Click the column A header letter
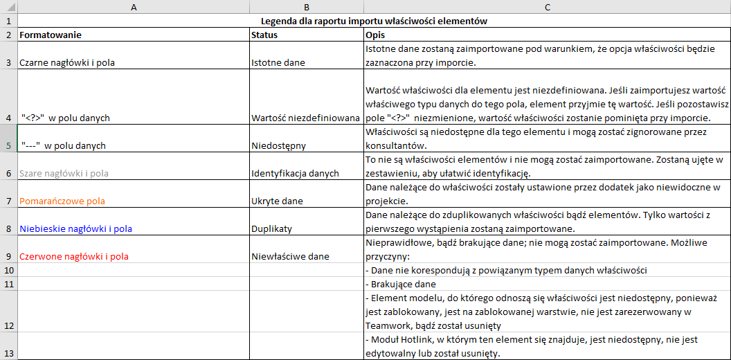pos(133,7)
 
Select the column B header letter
pos(306,7)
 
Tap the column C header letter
pos(547,7)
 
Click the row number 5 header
pos(8,145)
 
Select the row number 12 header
pos(8,325)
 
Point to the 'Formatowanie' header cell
pos(51,35)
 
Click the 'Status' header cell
pos(266,35)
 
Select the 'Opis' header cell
pos(375,35)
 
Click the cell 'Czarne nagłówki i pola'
pos(67,62)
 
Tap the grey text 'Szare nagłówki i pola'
pos(64,173)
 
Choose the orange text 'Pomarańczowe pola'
pos(62,201)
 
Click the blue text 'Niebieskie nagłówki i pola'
pos(76,228)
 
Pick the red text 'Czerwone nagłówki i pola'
pos(74,256)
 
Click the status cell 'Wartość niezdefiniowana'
pos(305,118)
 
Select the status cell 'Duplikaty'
pos(271,228)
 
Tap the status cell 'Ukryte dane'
pos(277,201)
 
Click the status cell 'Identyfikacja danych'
pos(295,173)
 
